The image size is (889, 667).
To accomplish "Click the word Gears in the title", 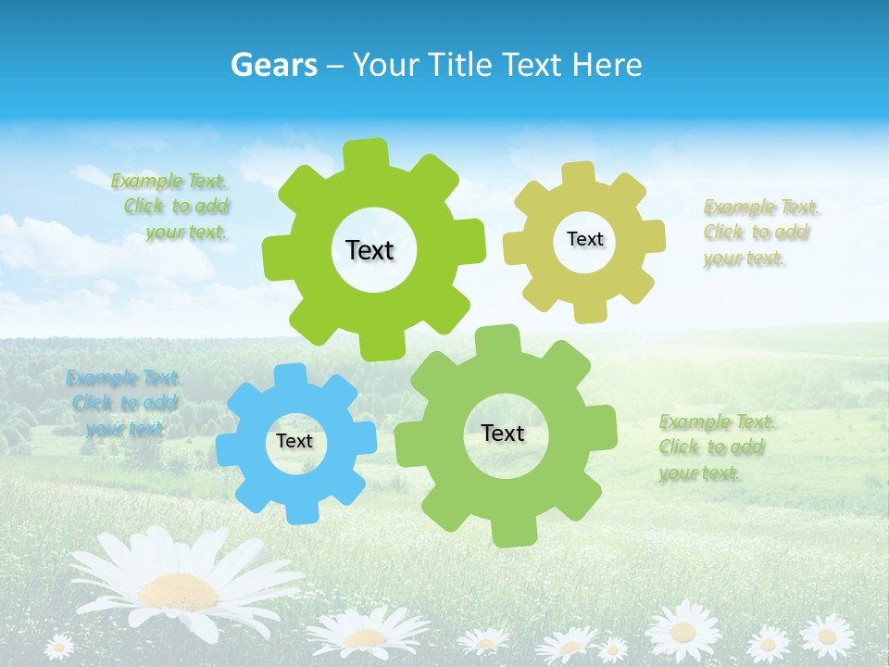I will tap(272, 65).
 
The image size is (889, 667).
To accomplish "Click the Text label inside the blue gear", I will tap(294, 442).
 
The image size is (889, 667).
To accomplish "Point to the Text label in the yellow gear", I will tap(584, 239).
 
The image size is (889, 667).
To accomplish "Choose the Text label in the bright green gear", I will tap(369, 250).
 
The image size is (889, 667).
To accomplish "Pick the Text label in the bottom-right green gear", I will tap(503, 433).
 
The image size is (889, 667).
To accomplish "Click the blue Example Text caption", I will tap(124, 403).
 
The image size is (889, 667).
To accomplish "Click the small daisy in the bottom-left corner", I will tap(59, 645).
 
